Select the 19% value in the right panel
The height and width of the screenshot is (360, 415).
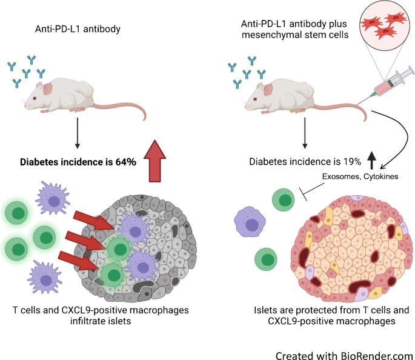coord(351,162)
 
